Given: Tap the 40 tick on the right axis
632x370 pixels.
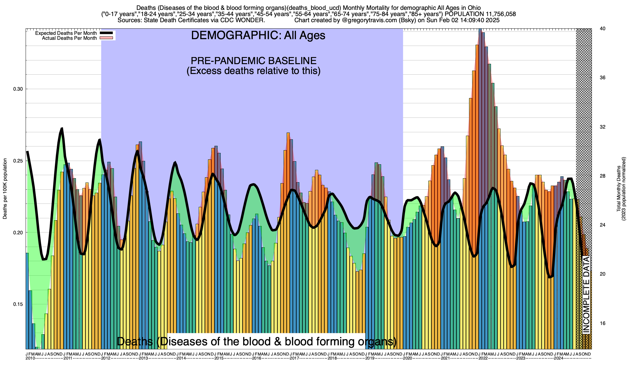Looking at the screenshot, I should click(x=602, y=29).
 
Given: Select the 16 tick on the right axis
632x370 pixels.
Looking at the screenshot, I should click(x=602, y=323).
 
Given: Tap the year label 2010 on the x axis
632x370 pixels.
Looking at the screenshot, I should click(x=30, y=358).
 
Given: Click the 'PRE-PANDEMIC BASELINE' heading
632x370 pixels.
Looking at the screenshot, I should click(x=253, y=60).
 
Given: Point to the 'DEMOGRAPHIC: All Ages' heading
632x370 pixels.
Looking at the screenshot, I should click(x=258, y=35).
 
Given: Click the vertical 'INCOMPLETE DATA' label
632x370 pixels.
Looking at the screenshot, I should click(x=586, y=295).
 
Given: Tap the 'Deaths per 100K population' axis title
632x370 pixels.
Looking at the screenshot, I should click(x=5, y=189).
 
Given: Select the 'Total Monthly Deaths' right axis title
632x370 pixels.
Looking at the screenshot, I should click(x=618, y=189).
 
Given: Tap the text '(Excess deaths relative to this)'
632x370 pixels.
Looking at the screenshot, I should click(x=253, y=71).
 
